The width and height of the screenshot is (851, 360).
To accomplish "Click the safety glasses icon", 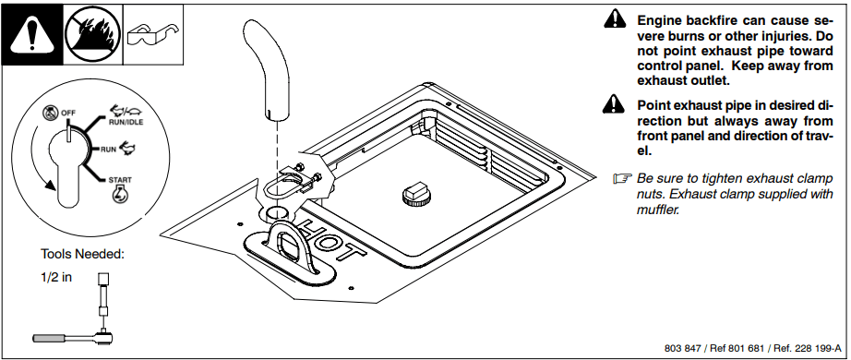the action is pyautogui.click(x=153, y=34).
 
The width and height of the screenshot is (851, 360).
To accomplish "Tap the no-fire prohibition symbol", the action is pyautogui.click(x=93, y=34).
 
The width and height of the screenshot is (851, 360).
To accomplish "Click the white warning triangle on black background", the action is pyautogui.click(x=32, y=35).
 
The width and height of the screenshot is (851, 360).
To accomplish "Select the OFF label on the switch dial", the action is pyautogui.click(x=68, y=113).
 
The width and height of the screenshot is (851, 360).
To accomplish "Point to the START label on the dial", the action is pyautogui.click(x=119, y=180).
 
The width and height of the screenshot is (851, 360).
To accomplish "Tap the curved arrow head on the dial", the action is pyautogui.click(x=50, y=184).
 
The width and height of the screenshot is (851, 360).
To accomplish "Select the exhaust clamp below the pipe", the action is pyautogui.click(x=294, y=182).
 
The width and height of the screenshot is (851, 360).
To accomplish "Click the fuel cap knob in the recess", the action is pyautogui.click(x=417, y=193).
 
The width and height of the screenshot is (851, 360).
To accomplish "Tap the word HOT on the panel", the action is pyautogui.click(x=332, y=240).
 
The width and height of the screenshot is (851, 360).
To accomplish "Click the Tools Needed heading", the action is pyautogui.click(x=82, y=254).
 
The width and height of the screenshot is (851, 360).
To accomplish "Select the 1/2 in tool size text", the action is pyautogui.click(x=56, y=277).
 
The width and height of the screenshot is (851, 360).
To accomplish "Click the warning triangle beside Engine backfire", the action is pyautogui.click(x=615, y=19).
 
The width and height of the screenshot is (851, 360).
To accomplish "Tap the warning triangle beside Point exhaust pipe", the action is pyautogui.click(x=614, y=103).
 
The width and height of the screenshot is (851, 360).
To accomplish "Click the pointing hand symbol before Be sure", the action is pyautogui.click(x=622, y=178).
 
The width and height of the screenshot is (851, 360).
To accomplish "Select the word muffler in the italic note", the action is pyautogui.click(x=658, y=210).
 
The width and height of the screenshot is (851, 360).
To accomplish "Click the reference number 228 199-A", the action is pyautogui.click(x=816, y=348).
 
